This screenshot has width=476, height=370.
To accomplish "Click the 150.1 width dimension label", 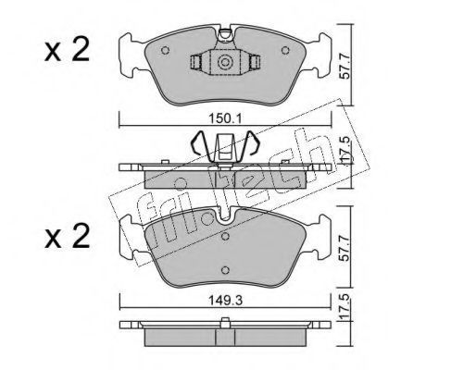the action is [226, 118].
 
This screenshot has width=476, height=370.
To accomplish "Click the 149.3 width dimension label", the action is [225, 300].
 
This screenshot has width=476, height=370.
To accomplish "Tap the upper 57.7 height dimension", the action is [345, 66].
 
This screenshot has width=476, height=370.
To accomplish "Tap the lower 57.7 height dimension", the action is [345, 248].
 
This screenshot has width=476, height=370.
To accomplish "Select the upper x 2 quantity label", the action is [68, 49].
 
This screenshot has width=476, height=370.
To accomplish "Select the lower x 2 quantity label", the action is [68, 236].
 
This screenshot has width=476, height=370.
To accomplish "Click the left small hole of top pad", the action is [165, 50].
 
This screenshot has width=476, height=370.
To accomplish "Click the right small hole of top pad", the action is [285, 50].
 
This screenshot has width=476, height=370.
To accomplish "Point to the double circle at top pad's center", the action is [224, 62].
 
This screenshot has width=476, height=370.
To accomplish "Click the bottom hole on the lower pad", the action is [226, 270].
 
